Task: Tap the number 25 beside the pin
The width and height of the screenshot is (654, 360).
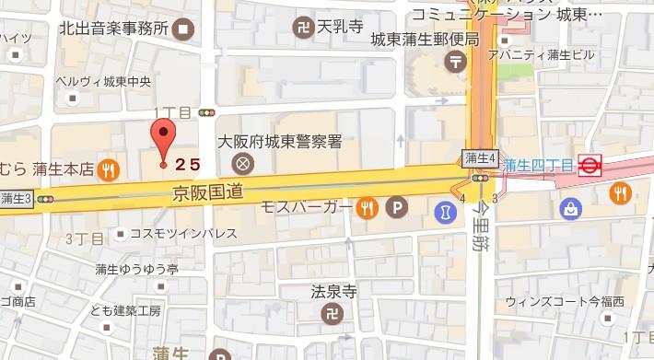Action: click(188, 165)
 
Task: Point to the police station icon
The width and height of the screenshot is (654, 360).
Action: click(243, 165)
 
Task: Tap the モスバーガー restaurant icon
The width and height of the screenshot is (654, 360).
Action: click(368, 208)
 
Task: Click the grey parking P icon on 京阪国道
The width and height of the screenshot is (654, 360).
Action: click(397, 208)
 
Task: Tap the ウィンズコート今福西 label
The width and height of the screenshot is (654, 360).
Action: click(578, 301)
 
